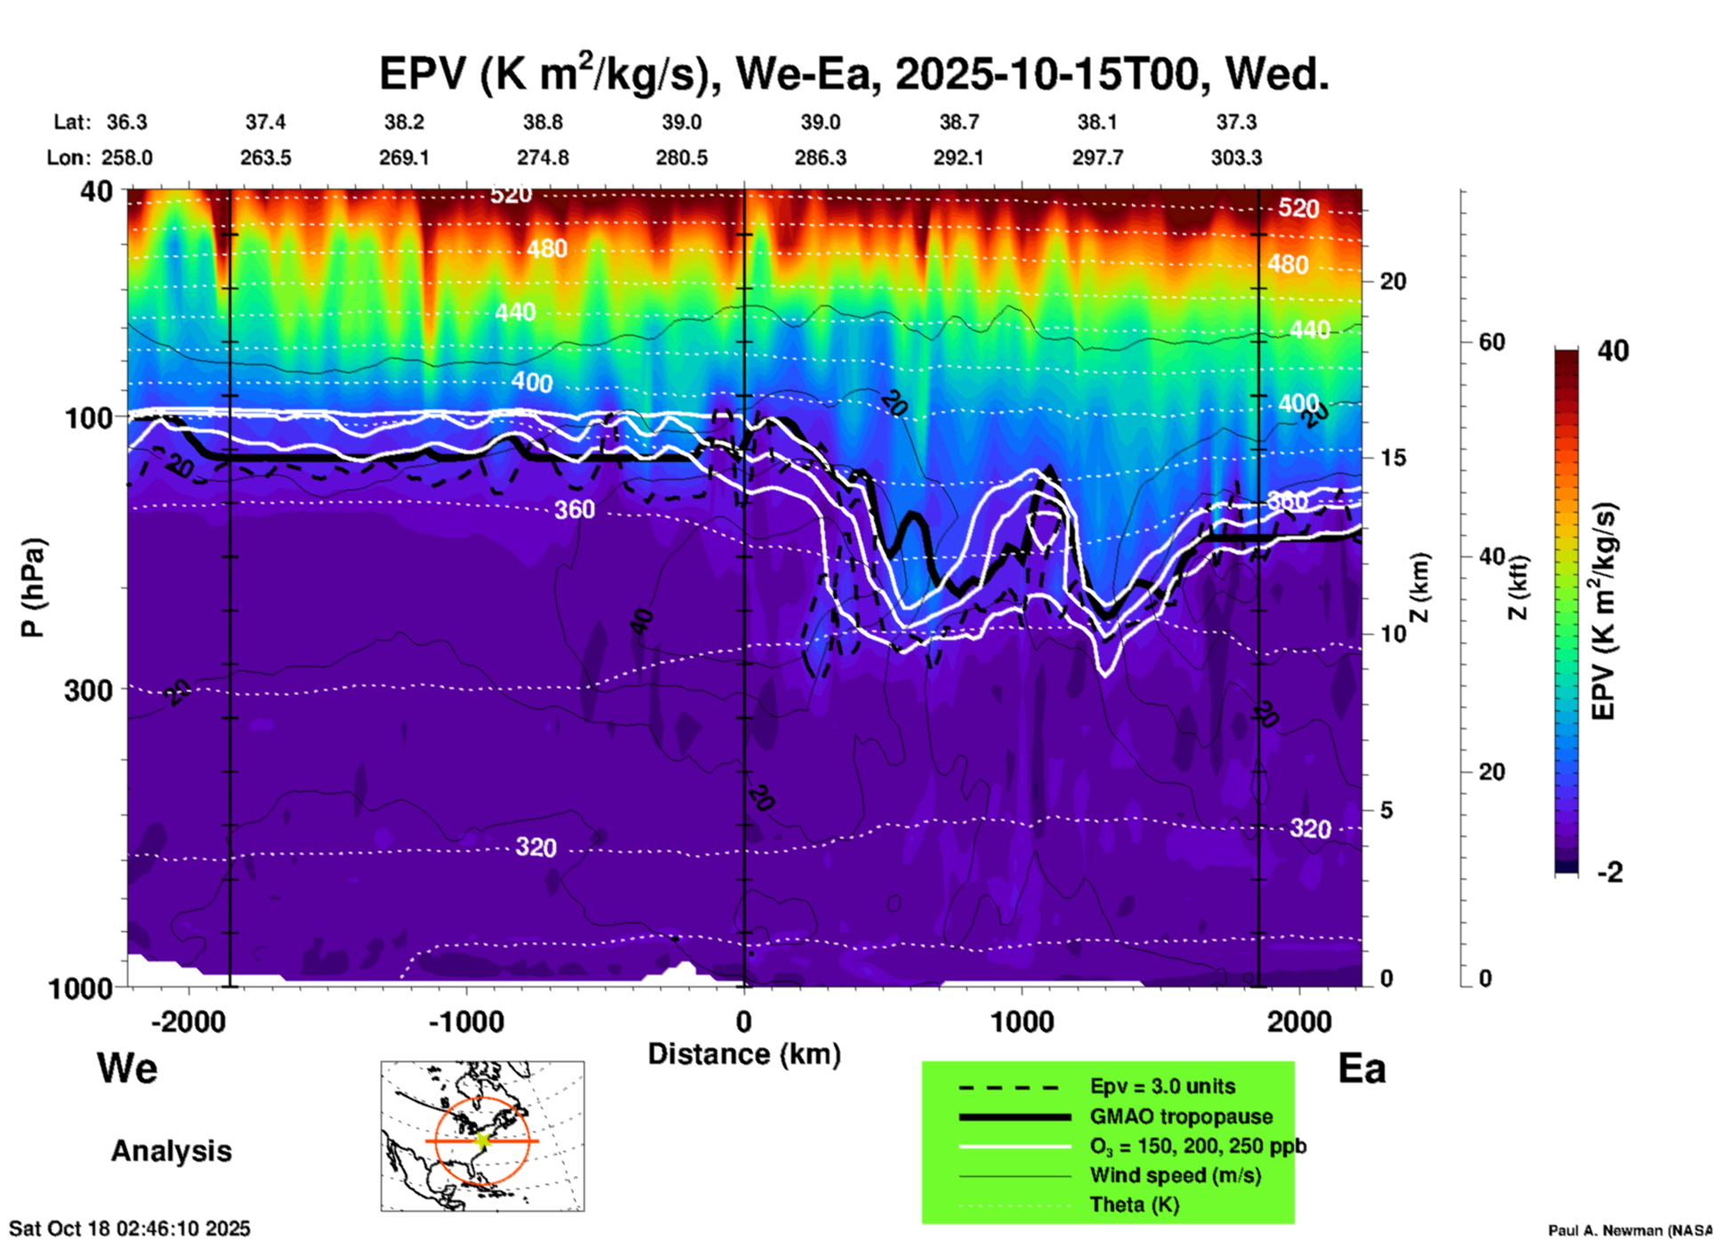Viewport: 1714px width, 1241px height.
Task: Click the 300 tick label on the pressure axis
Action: pos(88,690)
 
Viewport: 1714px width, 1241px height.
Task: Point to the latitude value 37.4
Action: pos(265,122)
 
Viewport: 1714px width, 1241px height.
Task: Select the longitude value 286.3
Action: pos(820,158)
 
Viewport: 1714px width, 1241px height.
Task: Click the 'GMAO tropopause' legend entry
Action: pos(1180,1116)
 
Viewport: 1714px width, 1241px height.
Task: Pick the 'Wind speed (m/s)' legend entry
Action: pos(1175,1175)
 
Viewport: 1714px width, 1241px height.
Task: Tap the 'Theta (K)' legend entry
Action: pos(1134,1204)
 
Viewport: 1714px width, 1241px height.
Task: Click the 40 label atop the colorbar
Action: pos(1613,351)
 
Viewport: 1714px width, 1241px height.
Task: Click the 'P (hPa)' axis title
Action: pos(33,588)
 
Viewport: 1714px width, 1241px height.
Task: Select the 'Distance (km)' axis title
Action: pos(744,1054)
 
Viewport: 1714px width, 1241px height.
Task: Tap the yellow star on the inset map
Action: pos(482,1140)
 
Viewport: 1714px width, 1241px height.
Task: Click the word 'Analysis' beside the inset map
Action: pos(171,1151)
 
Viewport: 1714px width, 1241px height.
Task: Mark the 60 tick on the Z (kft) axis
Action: pos(1492,342)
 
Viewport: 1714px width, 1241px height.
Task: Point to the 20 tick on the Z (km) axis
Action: pos(1393,281)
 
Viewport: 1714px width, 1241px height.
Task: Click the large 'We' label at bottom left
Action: pos(127,1067)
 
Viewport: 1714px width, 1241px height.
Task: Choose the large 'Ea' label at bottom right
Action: pos(1362,1068)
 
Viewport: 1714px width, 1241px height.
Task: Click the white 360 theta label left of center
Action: pos(574,509)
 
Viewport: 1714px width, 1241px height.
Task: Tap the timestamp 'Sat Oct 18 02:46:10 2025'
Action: pos(130,1229)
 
